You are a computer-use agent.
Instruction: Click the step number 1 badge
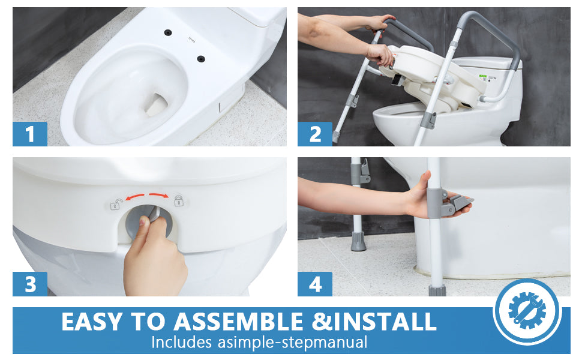29,134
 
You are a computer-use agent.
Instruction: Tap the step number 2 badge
315,134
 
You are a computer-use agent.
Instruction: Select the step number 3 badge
29,284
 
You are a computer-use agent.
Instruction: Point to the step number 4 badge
315,284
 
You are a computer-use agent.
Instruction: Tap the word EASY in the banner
92,322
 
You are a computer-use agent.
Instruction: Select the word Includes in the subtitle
182,342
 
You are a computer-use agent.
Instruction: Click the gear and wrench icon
527,310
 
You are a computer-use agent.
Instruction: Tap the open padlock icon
116,204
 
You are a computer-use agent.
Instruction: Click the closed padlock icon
179,201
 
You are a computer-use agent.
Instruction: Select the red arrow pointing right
159,195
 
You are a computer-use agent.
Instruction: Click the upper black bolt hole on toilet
168,32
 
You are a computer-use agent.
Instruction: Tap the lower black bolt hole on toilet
201,59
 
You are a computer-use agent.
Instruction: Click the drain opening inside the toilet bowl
156,104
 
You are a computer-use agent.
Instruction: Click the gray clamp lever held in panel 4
458,203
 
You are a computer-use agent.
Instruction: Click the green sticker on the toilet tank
482,77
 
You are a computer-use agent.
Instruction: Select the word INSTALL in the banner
385,322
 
